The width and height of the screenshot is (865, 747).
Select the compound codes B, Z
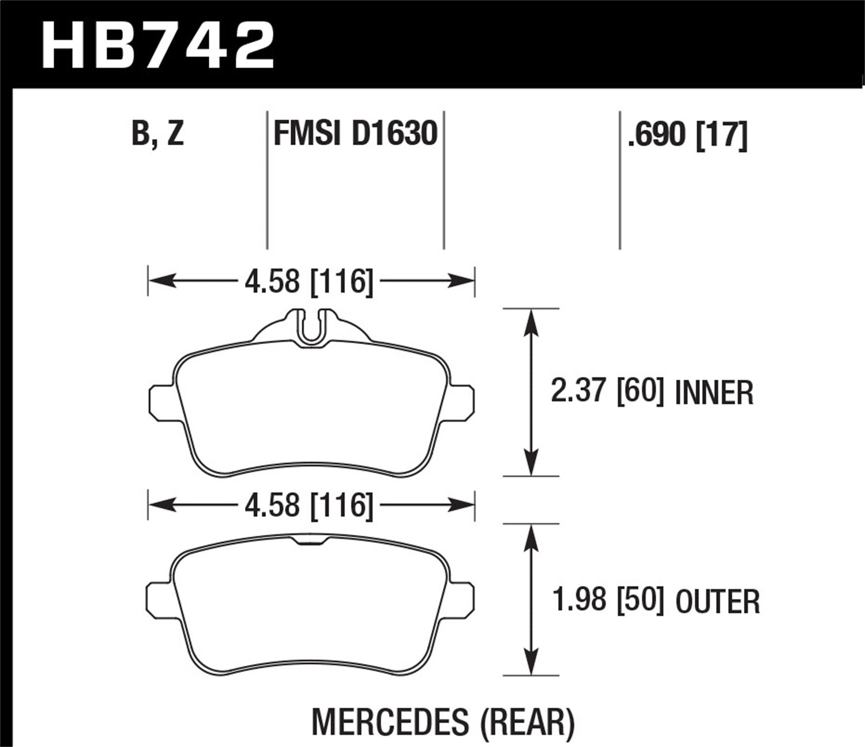coord(157,134)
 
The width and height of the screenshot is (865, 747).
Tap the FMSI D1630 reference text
coord(355,134)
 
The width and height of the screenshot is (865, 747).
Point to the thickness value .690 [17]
coord(688,135)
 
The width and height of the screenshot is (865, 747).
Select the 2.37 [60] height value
coord(604,392)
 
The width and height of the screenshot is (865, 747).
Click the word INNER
coord(714,393)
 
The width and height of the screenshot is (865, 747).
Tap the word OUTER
coord(717,602)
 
